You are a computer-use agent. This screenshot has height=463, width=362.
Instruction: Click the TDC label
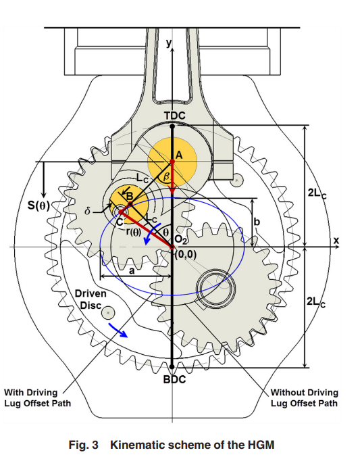[175, 116]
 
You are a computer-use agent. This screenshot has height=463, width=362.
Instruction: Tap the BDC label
[175, 379]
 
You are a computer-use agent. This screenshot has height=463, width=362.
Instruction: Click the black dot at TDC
[172, 126]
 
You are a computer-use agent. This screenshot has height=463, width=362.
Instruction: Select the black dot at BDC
[172, 367]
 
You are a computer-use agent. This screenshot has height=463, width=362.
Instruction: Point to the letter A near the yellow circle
[179, 155]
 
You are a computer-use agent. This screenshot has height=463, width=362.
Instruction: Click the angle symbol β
[166, 177]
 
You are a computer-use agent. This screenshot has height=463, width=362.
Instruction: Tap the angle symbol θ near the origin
[166, 233]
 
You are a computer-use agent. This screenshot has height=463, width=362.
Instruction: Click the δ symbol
[87, 212]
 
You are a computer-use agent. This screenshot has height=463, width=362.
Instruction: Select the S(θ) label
[39, 205]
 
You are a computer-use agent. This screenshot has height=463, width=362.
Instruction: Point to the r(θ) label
[133, 232]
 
